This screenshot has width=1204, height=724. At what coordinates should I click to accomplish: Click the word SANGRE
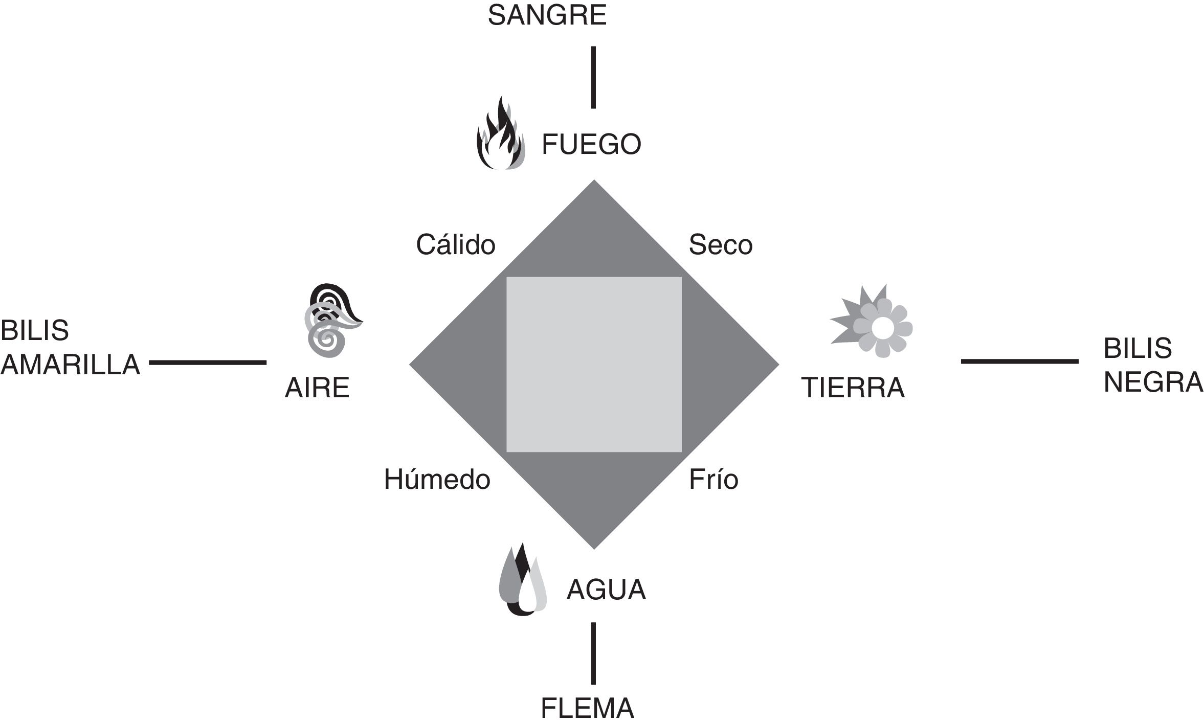coord(547,16)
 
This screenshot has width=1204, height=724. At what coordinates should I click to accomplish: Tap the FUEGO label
coord(591,144)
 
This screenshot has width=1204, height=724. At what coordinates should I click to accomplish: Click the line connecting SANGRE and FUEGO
coord(593,77)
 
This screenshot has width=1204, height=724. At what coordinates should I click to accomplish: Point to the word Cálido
coord(455,245)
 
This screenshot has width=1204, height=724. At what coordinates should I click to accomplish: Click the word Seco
coord(720,245)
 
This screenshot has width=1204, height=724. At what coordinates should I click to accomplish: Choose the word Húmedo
coord(437,480)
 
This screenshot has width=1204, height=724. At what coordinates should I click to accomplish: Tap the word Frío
coord(713,480)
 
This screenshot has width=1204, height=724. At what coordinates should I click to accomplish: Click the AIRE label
coord(317,388)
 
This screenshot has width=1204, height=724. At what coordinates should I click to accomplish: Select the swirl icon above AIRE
coord(331,320)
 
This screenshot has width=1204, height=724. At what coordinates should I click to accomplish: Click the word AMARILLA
coord(71,365)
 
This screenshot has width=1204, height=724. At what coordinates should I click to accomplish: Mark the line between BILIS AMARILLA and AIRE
coord(208,363)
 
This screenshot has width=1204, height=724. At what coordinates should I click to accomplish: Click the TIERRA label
coord(853,388)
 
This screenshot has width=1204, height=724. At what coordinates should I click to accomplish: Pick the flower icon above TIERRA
coord(873,322)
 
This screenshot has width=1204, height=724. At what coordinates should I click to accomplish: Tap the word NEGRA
coord(1153,382)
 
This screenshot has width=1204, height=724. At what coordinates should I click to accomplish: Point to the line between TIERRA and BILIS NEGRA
coord(1020,361)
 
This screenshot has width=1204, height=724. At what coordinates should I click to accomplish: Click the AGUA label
coord(606,590)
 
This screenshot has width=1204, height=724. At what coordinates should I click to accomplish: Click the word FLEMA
coord(587,709)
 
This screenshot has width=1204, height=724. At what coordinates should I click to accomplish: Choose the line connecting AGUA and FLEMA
coord(593,653)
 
